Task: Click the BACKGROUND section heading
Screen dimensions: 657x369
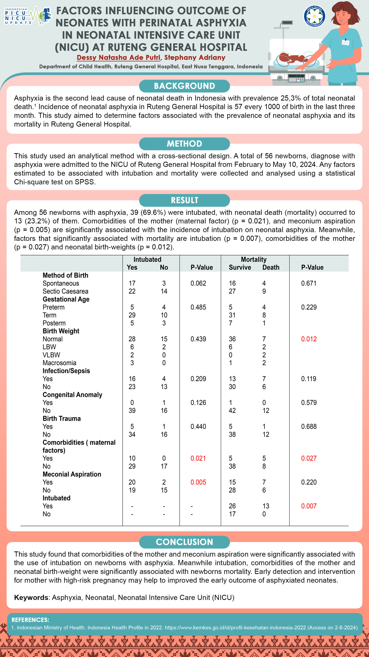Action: tap(184, 86)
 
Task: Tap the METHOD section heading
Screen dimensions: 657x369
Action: tap(184, 144)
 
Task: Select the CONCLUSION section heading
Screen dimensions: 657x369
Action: tap(184, 542)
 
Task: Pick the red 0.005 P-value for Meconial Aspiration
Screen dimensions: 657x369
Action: tap(198, 482)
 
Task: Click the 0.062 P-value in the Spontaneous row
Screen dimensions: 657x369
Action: tap(198, 283)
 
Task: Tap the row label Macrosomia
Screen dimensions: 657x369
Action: tap(59, 363)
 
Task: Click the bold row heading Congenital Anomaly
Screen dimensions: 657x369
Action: tap(72, 395)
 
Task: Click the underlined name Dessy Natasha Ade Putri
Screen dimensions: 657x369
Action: tap(118, 57)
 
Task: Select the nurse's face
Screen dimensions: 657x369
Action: tap(344, 15)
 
